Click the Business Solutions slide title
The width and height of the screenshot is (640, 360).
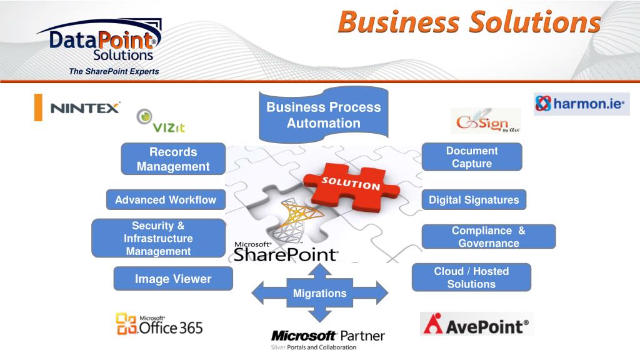click(x=469, y=22)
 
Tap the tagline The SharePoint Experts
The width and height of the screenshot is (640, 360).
click(x=114, y=71)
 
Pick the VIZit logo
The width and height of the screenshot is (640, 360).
click(x=161, y=121)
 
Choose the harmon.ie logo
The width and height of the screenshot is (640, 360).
click(x=581, y=104)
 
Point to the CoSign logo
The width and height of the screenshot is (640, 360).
click(x=486, y=121)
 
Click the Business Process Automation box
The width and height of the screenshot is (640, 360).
click(x=324, y=115)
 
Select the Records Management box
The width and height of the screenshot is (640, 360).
click(x=173, y=159)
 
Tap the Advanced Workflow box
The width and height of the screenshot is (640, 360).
click(x=166, y=200)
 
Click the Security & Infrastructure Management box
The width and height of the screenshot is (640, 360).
click(x=158, y=238)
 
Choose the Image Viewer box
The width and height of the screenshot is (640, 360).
click(x=173, y=279)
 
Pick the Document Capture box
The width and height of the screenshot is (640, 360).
click(x=472, y=157)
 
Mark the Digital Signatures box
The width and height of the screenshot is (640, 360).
click(x=474, y=200)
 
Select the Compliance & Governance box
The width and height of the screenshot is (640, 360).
click(x=489, y=237)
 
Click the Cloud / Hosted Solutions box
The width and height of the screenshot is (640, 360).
click(x=471, y=277)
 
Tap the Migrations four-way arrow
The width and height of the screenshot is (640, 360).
click(x=320, y=292)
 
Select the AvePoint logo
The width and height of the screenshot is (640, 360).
click(x=476, y=324)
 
